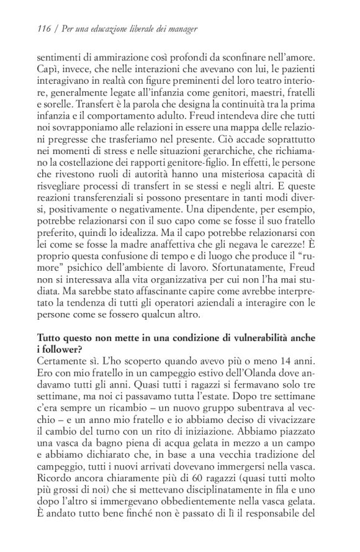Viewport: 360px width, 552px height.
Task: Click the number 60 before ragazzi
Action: coord(187,494)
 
